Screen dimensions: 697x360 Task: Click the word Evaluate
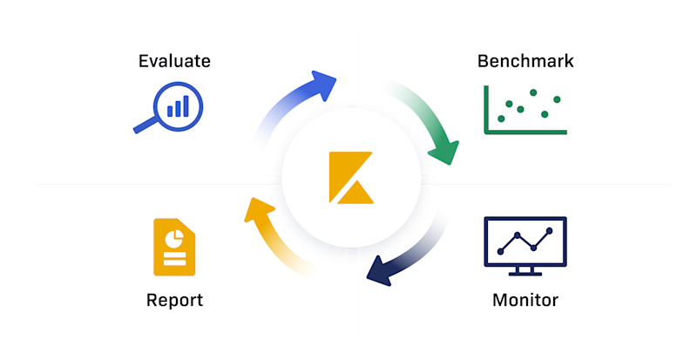click(x=174, y=61)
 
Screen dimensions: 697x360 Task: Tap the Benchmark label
click(x=525, y=61)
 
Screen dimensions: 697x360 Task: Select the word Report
click(x=174, y=301)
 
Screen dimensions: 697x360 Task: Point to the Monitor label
click(x=525, y=301)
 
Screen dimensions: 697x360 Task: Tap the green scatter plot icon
click(x=525, y=110)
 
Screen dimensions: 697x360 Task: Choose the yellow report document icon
click(x=174, y=247)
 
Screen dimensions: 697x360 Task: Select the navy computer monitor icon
click(x=525, y=246)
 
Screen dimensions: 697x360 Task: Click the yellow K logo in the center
click(x=351, y=178)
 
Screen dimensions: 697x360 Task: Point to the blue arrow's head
click(x=322, y=85)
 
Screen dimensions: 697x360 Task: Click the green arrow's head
click(x=444, y=153)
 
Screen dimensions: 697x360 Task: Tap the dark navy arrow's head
click(x=379, y=271)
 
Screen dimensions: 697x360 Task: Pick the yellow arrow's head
click(x=259, y=209)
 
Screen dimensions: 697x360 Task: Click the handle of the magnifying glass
click(x=145, y=125)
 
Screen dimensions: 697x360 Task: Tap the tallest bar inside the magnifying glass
click(x=186, y=106)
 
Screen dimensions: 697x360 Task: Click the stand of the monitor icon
click(x=525, y=271)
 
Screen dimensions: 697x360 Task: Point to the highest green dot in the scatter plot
click(x=533, y=92)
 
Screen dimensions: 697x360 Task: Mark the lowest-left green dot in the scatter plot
click(x=502, y=119)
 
